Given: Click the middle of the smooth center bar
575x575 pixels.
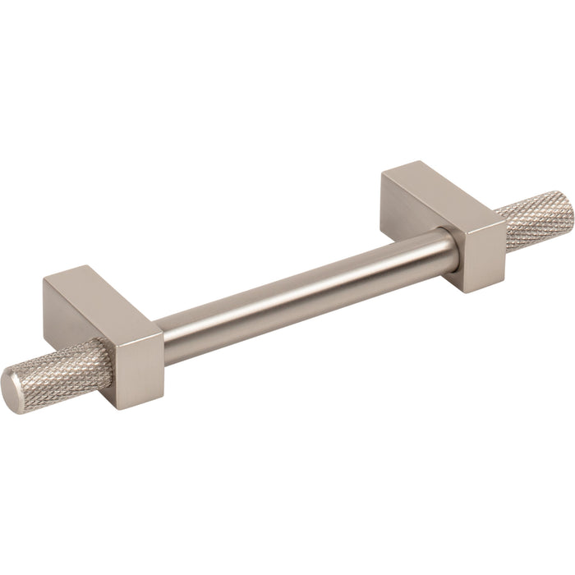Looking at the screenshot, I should tap(304, 292).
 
